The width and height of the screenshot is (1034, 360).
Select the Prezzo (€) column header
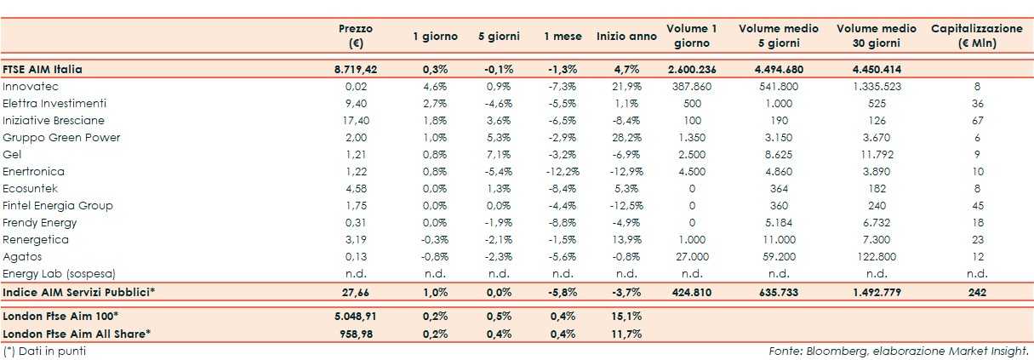(356, 36)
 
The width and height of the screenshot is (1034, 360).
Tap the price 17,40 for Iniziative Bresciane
(356, 120)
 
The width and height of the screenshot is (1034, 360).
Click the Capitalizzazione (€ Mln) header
(976, 36)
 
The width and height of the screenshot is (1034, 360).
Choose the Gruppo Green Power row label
(61, 137)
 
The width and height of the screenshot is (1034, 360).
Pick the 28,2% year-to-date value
(626, 137)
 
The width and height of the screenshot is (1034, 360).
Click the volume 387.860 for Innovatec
(691, 86)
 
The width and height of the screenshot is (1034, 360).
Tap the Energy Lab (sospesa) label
(59, 273)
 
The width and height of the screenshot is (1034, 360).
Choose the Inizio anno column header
(626, 37)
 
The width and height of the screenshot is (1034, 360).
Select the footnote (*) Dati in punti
(44, 351)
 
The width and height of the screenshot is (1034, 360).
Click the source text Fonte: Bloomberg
(897, 351)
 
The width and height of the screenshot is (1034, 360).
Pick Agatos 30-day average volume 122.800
(876, 256)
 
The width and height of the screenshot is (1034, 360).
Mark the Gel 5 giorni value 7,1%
(499, 154)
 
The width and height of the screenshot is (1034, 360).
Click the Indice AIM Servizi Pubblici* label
(79, 292)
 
